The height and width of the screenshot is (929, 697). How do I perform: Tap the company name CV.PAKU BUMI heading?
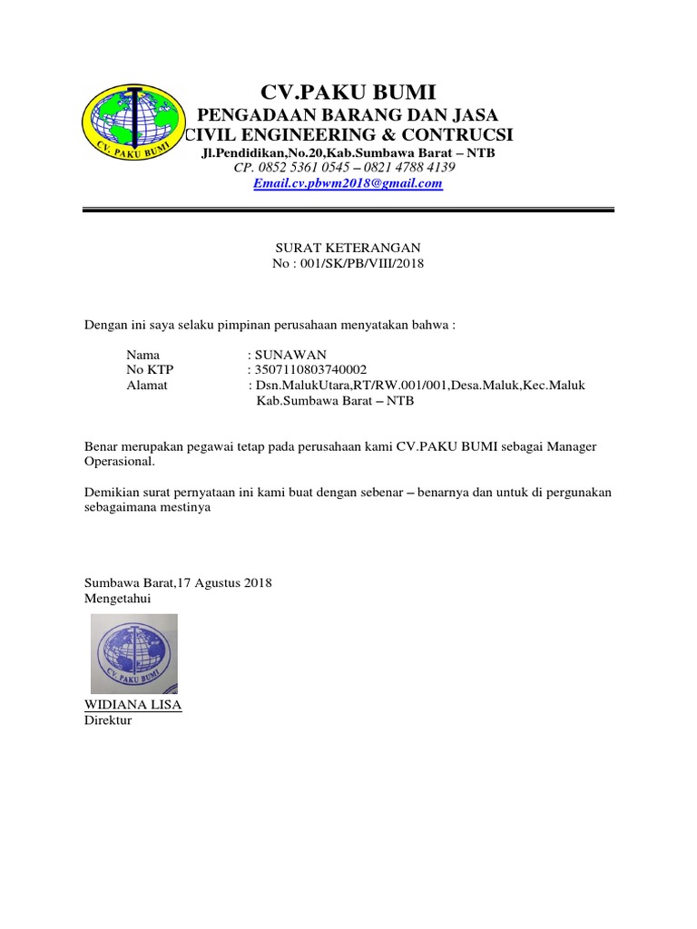pos(348,92)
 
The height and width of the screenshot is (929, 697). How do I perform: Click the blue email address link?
pos(348,183)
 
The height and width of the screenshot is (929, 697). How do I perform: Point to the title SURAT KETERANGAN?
pos(348,248)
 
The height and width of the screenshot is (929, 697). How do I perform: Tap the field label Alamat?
pos(146,386)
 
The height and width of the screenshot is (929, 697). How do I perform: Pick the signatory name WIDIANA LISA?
pos(133,705)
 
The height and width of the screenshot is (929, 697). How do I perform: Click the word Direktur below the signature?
pos(107,720)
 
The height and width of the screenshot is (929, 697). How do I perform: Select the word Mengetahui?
pos(117,599)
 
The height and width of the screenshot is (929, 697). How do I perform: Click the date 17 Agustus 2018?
pos(226,583)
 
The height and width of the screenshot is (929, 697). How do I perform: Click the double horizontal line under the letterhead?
pos(348,211)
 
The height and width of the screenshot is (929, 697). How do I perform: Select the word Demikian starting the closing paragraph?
pos(111,493)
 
